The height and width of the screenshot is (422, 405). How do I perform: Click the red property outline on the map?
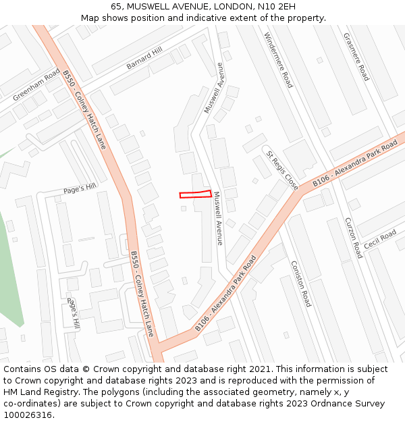pos(196,194)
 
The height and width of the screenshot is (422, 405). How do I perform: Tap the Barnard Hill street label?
pos(144,58)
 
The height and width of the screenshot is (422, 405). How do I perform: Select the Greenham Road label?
pos(36,85)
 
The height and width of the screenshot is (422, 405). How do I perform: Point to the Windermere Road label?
pos(278,60)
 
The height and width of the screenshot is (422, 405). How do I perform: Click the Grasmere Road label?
pos(356,57)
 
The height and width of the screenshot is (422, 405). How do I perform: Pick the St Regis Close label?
pos(281,169)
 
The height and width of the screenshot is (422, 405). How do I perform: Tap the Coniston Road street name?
pos(300,284)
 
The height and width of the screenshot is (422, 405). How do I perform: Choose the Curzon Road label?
pos(353,238)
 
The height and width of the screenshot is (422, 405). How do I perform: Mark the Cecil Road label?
pos(380,239)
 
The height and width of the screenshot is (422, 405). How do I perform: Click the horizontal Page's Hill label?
pos(80,188)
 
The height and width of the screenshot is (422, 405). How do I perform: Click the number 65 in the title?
pos(117,6)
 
